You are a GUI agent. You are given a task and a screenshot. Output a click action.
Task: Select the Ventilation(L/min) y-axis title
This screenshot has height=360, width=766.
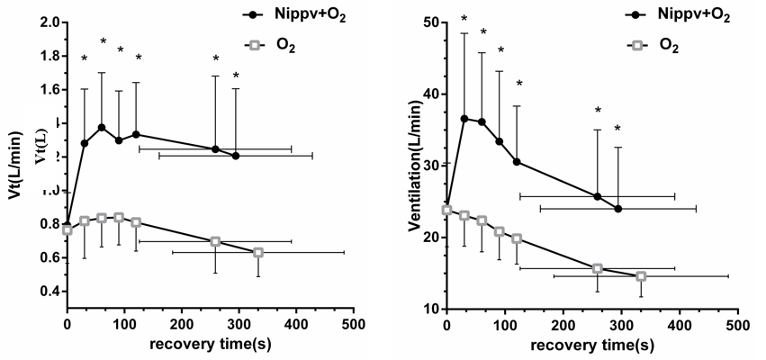click(415, 165)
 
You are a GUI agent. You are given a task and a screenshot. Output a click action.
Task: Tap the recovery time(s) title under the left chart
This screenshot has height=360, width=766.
click(211, 345)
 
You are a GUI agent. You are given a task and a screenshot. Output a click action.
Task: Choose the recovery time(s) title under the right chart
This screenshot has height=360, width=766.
click(590, 345)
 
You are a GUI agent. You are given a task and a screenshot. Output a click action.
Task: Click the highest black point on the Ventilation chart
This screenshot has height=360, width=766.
click(464, 119)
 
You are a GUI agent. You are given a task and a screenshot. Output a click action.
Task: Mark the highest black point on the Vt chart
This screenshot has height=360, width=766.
click(102, 128)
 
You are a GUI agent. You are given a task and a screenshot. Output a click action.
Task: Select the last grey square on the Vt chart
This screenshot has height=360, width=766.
click(258, 253)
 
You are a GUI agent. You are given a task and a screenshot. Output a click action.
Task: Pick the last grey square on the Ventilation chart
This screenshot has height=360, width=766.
click(641, 276)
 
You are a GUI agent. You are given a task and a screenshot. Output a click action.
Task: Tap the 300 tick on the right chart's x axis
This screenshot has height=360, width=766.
click(620, 323)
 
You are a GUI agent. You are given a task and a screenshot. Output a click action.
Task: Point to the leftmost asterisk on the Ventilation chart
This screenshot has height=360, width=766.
click(464, 19)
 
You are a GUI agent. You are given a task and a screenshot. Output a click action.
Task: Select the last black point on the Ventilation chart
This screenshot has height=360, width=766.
click(618, 209)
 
